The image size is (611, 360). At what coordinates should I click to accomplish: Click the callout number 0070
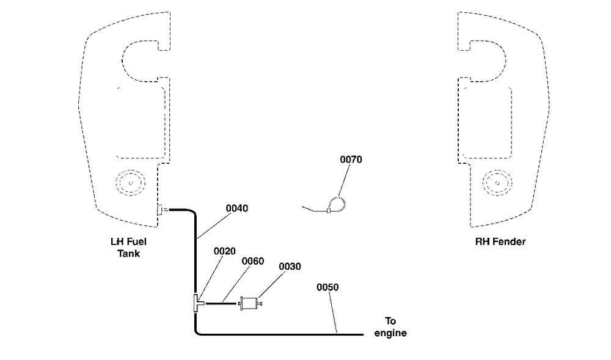click(351, 160)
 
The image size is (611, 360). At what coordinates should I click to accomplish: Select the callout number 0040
click(237, 208)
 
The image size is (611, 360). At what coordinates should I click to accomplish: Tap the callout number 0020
click(224, 251)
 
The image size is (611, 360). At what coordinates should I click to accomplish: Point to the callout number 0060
click(253, 261)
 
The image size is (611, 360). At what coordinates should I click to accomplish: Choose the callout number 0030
click(290, 266)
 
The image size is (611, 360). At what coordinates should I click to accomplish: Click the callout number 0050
click(327, 287)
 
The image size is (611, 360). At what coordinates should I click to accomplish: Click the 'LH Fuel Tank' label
click(128, 248)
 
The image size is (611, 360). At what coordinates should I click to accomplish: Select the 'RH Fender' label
click(500, 241)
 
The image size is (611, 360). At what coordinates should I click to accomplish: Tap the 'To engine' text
click(390, 327)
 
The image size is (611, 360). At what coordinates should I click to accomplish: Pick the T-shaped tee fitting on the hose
click(198, 303)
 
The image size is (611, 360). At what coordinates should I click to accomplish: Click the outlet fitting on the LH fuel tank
click(162, 210)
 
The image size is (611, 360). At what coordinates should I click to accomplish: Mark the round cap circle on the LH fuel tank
click(131, 183)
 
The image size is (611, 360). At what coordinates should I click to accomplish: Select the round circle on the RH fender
click(497, 183)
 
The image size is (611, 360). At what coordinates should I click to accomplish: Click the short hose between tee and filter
click(221, 303)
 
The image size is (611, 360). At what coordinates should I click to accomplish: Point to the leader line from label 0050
click(333, 312)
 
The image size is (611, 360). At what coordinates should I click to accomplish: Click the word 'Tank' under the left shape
click(128, 254)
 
